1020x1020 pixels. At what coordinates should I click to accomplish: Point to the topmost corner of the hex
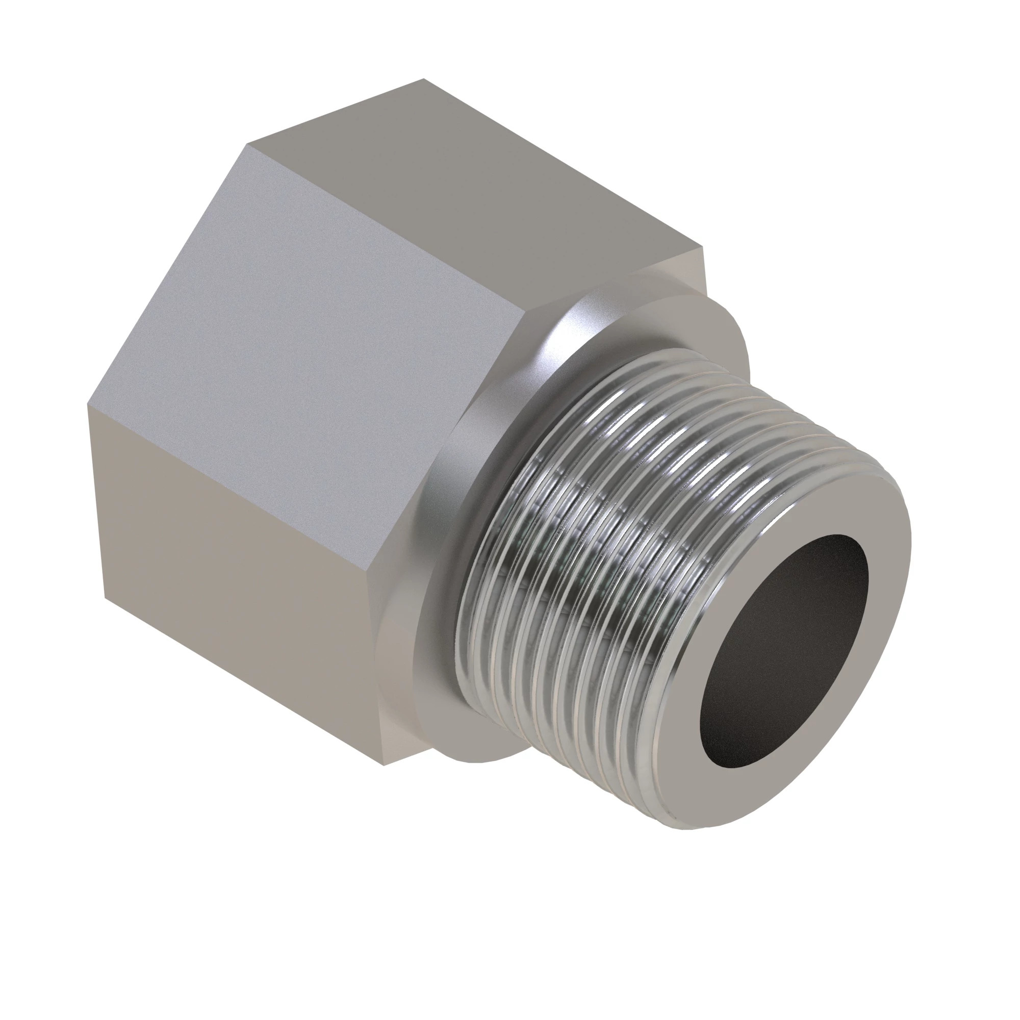[423, 79]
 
